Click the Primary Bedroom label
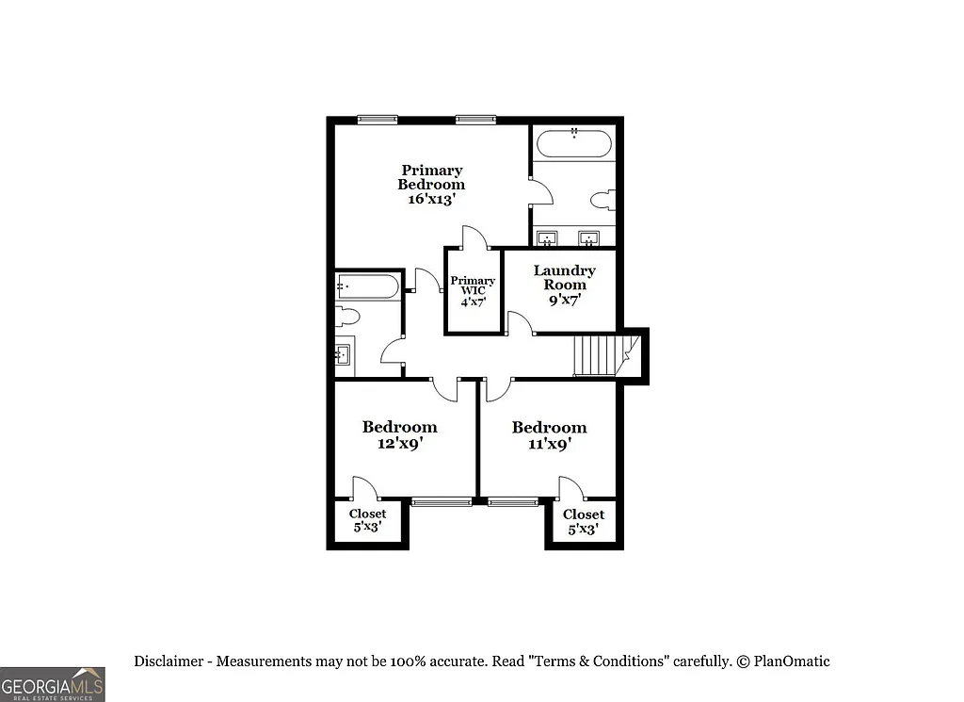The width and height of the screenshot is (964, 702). tap(430, 177)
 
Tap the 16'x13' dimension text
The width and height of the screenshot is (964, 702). tap(430, 200)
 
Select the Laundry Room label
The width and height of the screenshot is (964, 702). tap(564, 277)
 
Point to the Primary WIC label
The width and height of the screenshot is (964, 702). tap(473, 286)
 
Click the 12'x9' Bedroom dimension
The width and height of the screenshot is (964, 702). tap(399, 443)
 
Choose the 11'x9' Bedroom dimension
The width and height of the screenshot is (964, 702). tap(549, 443)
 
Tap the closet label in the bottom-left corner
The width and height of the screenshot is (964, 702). tap(367, 521)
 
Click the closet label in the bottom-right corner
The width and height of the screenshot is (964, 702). tap(583, 521)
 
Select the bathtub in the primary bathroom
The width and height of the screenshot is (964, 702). tap(573, 143)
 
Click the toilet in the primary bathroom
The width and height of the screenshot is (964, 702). tap(602, 200)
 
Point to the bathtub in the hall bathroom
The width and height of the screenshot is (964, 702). tap(368, 285)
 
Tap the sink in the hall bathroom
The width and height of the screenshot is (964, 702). tap(342, 354)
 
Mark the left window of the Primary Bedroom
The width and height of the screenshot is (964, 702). tap(378, 119)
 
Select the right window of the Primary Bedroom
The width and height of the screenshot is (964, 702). tap(475, 119)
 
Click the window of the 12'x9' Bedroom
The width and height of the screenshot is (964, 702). tap(441, 501)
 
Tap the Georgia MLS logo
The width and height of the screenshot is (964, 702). tap(53, 683)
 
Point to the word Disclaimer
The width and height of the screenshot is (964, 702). tap(170, 661)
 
